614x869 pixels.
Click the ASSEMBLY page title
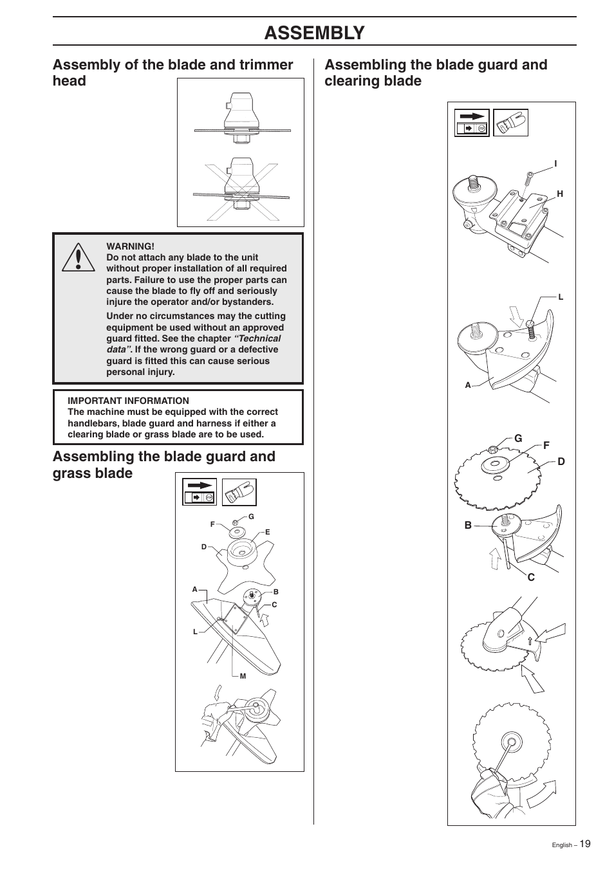coord(314,32)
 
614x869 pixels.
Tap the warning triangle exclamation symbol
coord(78,257)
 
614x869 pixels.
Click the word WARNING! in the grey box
coord(130,246)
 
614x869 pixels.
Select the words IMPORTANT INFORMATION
coord(128,401)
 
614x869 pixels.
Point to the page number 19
coord(584,844)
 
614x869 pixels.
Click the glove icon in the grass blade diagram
coord(239,493)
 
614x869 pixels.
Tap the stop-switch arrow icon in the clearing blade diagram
coord(472,122)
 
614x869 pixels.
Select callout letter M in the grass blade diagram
coord(243,676)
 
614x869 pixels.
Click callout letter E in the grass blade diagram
coord(268,533)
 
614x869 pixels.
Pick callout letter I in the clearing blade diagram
coord(555,164)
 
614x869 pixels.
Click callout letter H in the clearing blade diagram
coord(560,194)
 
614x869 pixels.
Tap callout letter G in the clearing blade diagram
coord(518,438)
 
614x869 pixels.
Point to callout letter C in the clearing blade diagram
coord(531,578)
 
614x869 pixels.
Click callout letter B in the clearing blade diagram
coord(469,526)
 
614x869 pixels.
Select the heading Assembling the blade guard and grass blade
coord(163,464)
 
